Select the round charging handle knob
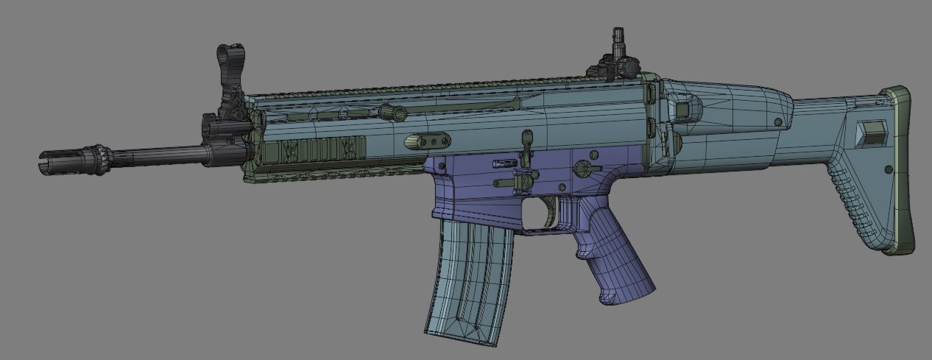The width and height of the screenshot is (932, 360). click(x=393, y=113)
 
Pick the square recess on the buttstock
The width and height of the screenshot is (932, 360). click(x=872, y=133)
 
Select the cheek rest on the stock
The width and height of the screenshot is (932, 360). click(x=729, y=99)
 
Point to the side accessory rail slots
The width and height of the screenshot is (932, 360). click(x=317, y=149)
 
